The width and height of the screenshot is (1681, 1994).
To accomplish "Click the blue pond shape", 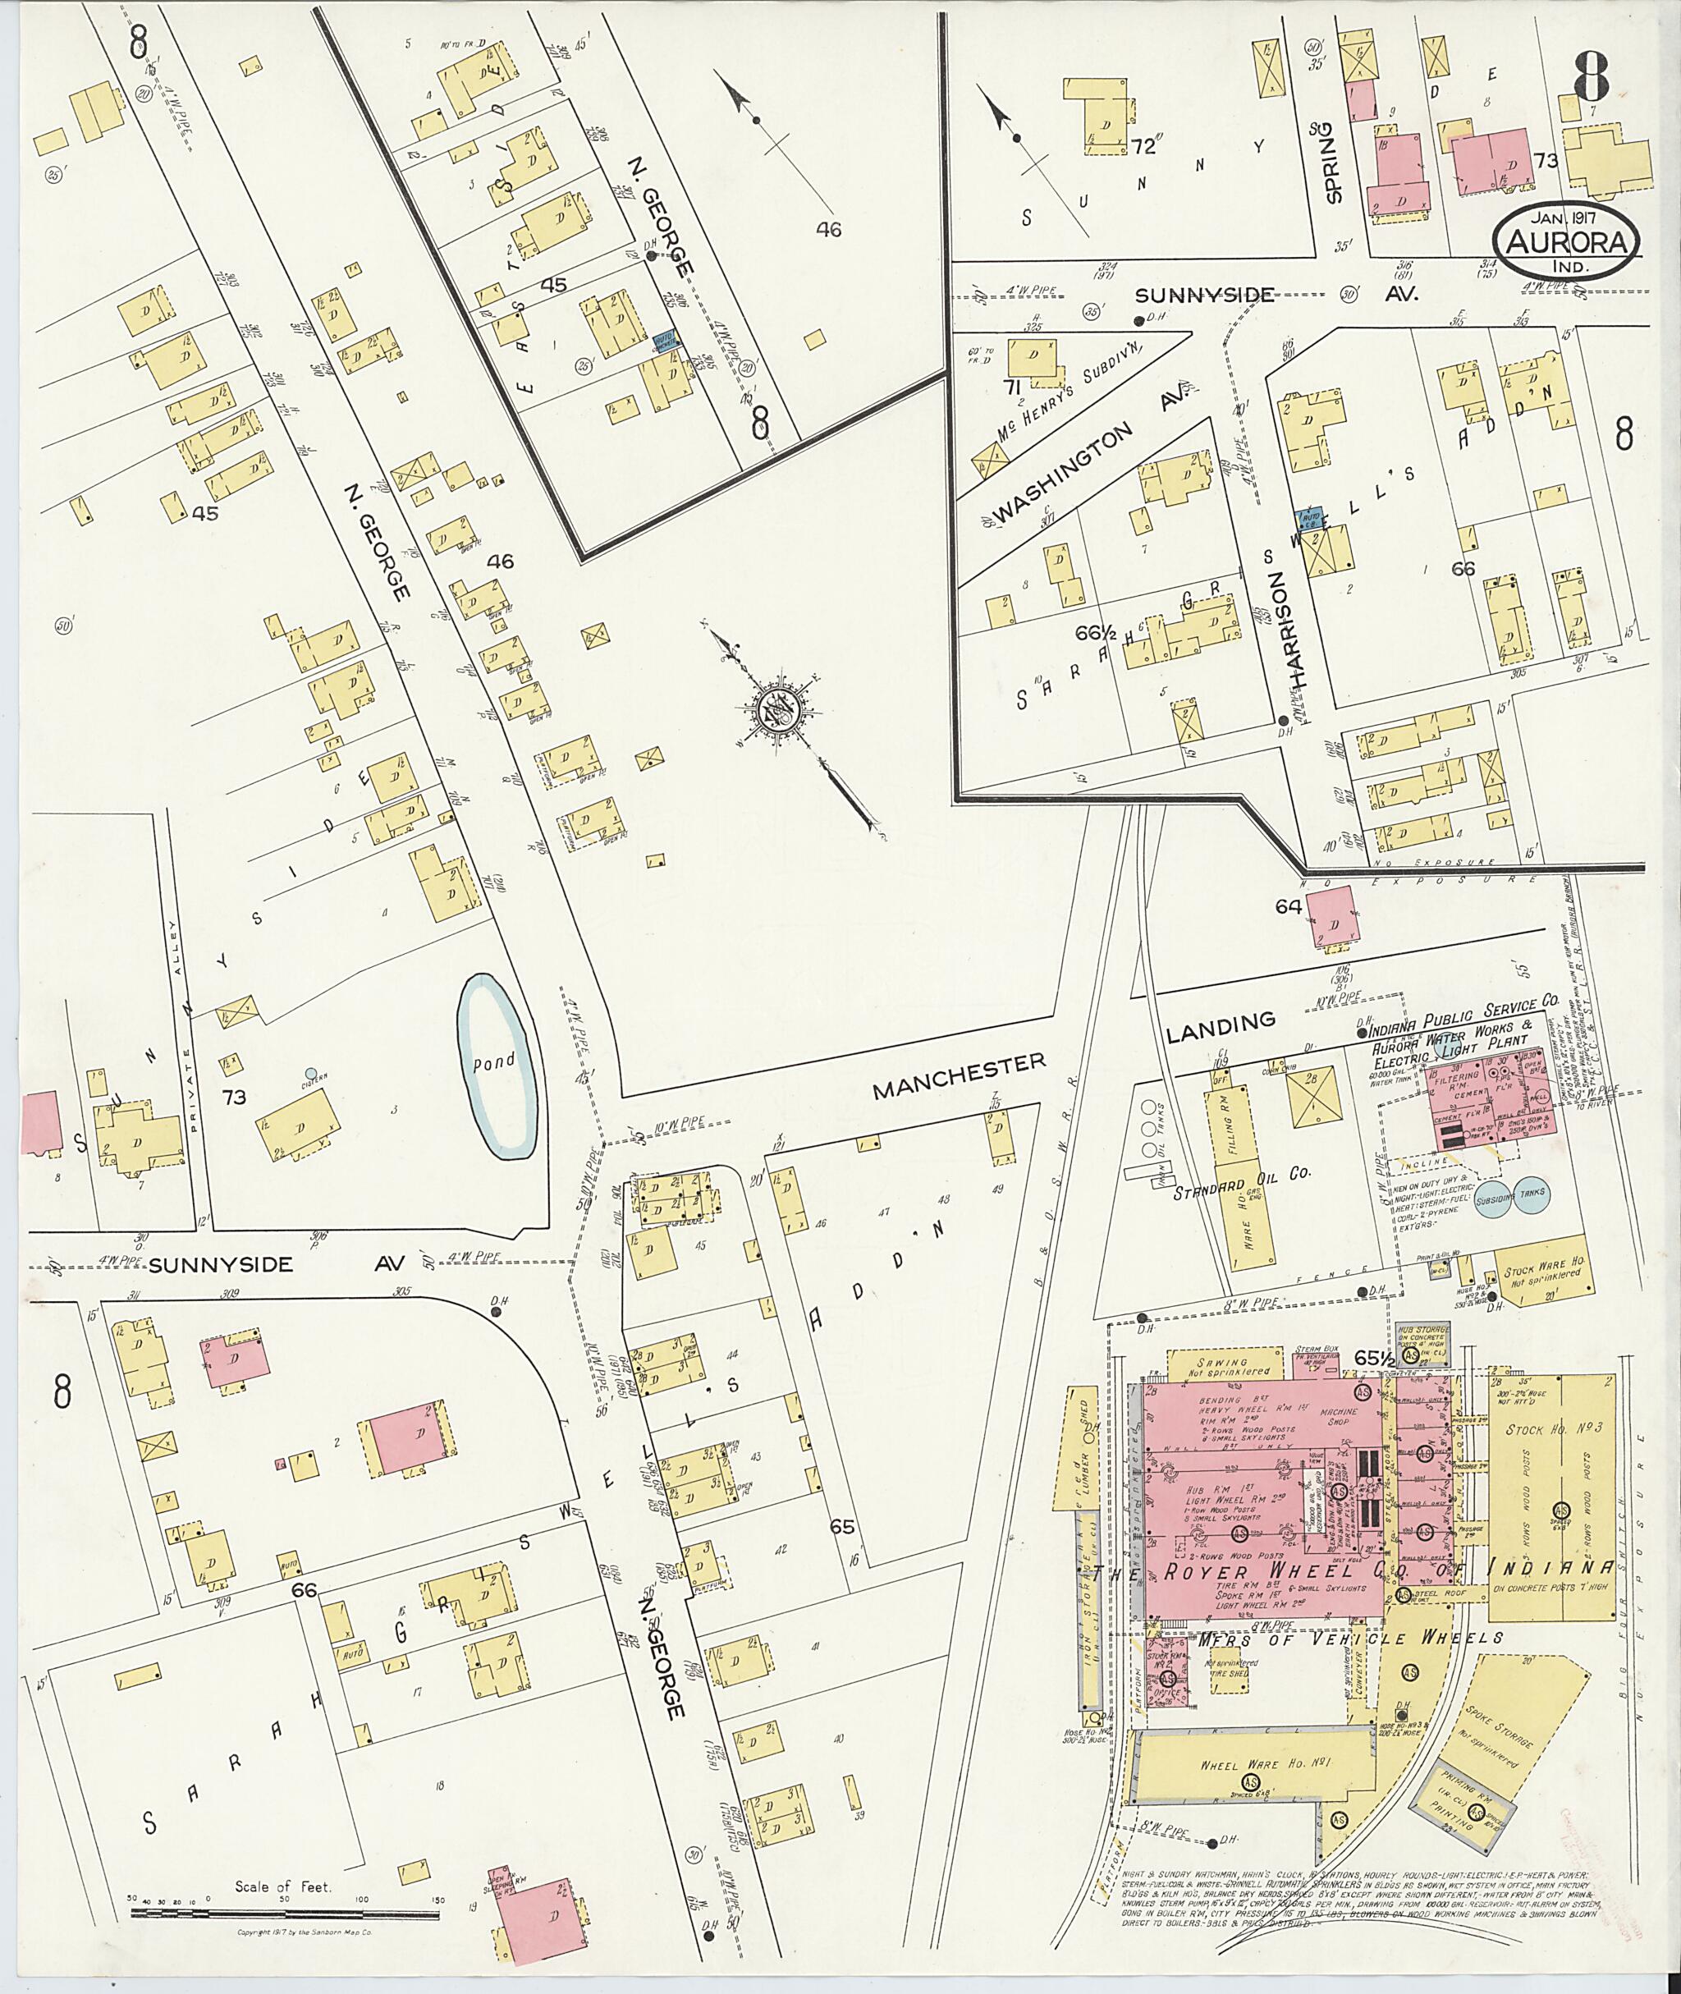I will (x=497, y=1065).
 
